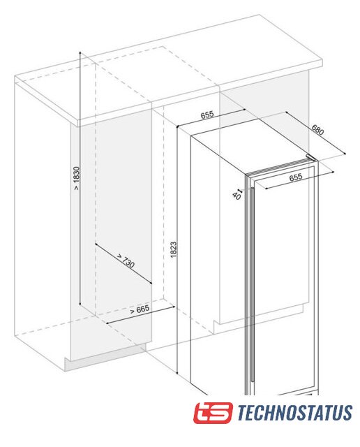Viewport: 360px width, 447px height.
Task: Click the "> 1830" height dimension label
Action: (76, 178)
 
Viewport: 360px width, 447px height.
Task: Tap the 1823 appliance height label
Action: (174, 250)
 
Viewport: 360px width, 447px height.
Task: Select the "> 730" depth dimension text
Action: (126, 261)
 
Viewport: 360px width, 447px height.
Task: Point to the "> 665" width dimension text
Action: (140, 309)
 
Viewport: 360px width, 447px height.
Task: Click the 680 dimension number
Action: (318, 130)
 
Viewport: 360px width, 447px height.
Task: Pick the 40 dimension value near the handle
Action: (237, 196)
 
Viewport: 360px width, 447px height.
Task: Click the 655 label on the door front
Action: (296, 177)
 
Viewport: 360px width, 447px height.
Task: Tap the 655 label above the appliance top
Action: (207, 115)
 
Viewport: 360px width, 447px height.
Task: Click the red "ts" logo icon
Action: (213, 413)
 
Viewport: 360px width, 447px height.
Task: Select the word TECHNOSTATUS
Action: (295, 413)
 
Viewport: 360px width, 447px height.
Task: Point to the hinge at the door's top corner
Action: (311, 157)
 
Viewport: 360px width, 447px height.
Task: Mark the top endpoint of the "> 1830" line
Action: (80, 52)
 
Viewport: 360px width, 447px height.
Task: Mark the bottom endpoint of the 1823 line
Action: (177, 374)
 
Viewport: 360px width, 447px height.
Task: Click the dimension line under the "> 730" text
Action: (123, 264)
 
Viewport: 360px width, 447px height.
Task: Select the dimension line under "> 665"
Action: (140, 315)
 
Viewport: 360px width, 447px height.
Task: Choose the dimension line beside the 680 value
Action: (315, 133)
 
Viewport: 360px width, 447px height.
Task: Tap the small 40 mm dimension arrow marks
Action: (240, 190)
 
